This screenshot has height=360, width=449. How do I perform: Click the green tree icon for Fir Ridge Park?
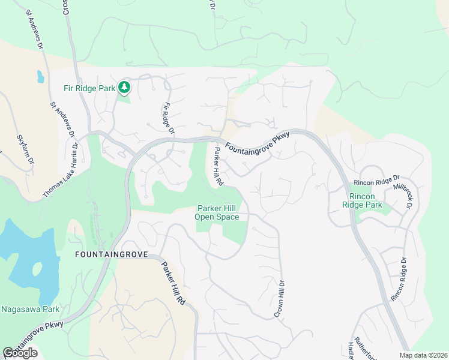tap(124, 88)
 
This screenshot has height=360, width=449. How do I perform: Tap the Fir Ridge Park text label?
tap(89, 88)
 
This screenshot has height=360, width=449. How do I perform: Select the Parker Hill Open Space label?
tap(218, 213)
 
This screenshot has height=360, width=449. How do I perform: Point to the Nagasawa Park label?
tap(29, 310)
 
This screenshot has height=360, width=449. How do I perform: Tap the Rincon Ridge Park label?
tap(366, 200)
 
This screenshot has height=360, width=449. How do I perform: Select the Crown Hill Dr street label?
tap(279, 299)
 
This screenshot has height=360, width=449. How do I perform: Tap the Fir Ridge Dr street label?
tap(168, 118)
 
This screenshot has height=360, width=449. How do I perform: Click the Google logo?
tap(20, 353)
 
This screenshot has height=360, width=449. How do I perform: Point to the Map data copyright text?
tap(423, 355)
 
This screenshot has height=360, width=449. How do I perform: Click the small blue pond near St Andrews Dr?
tap(40, 77)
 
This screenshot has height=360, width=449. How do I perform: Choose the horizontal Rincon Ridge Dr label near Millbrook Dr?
tap(376, 180)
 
